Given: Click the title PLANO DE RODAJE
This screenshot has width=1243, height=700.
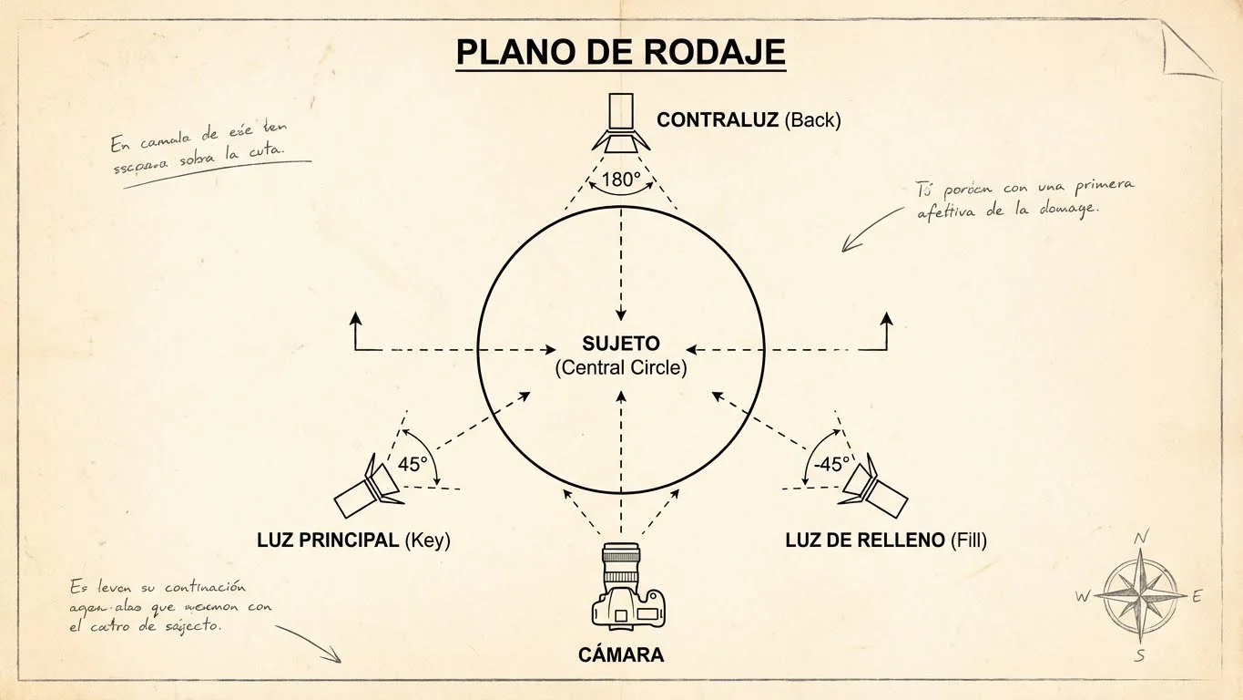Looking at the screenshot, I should [x=620, y=53].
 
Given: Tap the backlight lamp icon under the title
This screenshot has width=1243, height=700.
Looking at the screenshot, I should [x=622, y=122].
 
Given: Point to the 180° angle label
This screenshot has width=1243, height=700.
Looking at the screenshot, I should [x=621, y=180].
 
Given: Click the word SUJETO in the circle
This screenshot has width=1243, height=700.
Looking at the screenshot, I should [x=621, y=345].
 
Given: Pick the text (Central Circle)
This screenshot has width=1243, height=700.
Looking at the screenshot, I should [x=621, y=368].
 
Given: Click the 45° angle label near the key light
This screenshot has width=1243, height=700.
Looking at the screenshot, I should [x=413, y=464].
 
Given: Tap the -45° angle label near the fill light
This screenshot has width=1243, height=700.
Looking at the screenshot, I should [x=830, y=464].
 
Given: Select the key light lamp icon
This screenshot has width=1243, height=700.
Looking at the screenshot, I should [x=369, y=486].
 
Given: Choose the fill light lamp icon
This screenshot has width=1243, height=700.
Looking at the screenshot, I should [x=873, y=486].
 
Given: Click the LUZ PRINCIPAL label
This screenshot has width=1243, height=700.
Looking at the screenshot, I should [x=353, y=540].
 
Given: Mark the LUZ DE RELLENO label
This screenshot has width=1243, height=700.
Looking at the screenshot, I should [x=885, y=540].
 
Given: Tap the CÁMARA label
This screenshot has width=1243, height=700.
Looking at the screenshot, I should [x=621, y=655].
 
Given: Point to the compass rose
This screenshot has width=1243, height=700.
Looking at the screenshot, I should [x=1140, y=596].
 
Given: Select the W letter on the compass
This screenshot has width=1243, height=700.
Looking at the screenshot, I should [x=1083, y=597].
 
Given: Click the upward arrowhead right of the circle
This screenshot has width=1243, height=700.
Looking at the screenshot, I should [x=887, y=317].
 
